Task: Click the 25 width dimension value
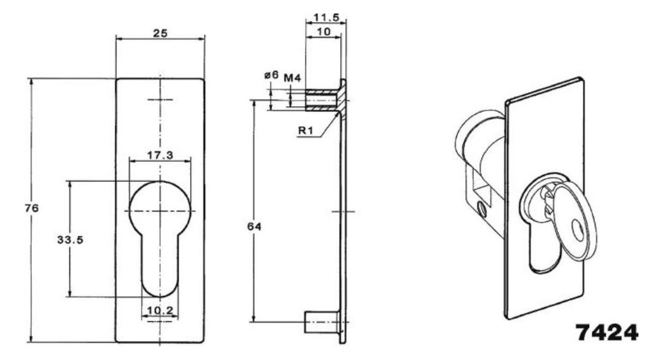tap(160, 33)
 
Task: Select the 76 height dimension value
tap(32, 208)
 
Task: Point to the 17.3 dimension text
tap(160, 155)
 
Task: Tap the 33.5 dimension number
tap(70, 240)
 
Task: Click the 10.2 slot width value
tap(160, 311)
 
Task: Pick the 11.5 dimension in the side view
tap(326, 18)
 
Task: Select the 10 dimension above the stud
tap(324, 32)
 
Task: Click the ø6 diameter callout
tap(271, 76)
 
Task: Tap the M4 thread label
tap(292, 78)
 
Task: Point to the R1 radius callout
tap(305, 130)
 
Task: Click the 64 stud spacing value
tap(254, 227)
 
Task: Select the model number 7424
tap(607, 332)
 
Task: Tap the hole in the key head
tap(578, 230)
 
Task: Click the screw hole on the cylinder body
tap(481, 209)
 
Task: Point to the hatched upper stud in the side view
tap(322, 100)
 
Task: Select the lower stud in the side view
tap(322, 323)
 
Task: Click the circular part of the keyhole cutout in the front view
tap(160, 207)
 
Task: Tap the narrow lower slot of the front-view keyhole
tap(160, 267)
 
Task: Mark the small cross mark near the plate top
tap(160, 100)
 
